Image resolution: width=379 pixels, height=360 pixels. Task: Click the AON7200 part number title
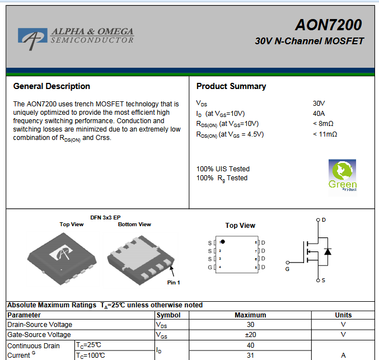(x=329, y=25)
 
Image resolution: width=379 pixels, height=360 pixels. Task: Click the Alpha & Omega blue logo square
(x=32, y=35)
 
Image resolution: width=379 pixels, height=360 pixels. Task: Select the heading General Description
(x=52, y=86)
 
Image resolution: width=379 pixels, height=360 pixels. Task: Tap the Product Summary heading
(x=231, y=86)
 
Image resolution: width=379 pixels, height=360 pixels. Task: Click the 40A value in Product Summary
(x=319, y=114)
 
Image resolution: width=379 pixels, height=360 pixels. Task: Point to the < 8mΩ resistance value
(x=323, y=124)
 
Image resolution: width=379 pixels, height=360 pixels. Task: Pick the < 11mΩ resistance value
(x=325, y=134)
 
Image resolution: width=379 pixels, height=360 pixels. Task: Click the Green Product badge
(x=342, y=176)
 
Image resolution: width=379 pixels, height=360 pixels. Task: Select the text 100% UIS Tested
(x=223, y=169)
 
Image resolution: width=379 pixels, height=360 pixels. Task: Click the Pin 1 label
(x=174, y=282)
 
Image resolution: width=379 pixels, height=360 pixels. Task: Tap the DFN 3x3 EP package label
(x=105, y=218)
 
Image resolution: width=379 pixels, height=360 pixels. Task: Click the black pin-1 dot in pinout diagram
(x=223, y=241)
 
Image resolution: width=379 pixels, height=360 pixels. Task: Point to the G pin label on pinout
(x=210, y=268)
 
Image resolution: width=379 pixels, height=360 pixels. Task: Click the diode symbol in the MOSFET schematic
(x=327, y=252)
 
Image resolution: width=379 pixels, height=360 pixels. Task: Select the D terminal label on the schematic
(x=324, y=220)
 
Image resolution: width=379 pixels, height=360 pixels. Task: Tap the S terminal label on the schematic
(x=324, y=280)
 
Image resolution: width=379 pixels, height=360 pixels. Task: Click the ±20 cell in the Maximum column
(x=250, y=335)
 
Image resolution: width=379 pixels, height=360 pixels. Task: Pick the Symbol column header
(x=169, y=315)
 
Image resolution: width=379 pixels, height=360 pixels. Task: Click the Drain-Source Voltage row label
(x=40, y=325)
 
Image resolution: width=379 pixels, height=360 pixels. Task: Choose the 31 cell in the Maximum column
(x=250, y=356)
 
